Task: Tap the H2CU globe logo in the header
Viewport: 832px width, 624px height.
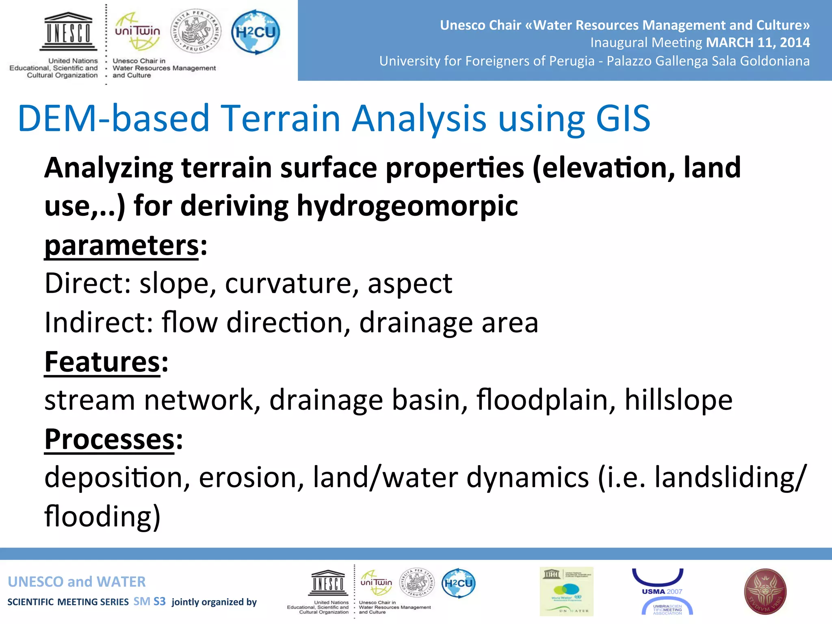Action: [256, 32]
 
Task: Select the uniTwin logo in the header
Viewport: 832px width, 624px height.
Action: [137, 32]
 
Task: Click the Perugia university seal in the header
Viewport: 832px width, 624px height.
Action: [196, 31]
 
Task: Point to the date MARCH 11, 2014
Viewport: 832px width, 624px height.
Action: [758, 42]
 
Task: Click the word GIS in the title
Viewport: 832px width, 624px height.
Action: [623, 118]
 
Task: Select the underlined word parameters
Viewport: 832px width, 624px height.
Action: [121, 245]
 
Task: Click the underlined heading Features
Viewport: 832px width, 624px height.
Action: [102, 362]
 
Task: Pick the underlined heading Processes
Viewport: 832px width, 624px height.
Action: [109, 439]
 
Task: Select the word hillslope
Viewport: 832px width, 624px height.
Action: [678, 400]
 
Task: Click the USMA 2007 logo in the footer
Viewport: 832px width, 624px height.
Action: [662, 591]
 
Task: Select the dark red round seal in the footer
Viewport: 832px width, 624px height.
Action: [765, 591]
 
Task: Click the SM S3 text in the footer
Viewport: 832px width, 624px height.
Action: [149, 601]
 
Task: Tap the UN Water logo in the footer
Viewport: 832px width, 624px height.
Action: [566, 591]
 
